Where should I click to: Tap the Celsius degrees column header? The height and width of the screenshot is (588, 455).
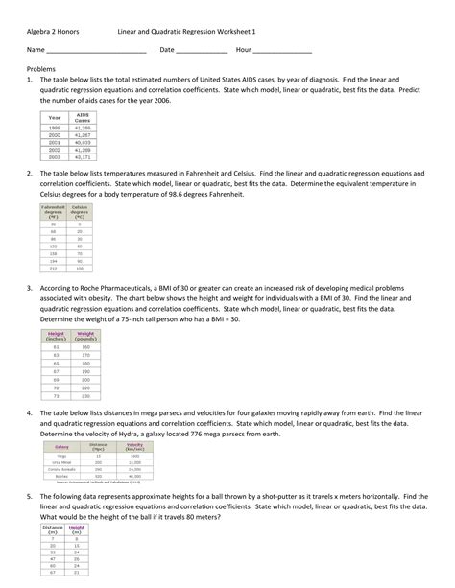coord(80,211)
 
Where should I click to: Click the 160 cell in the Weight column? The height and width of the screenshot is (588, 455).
coord(84,347)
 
